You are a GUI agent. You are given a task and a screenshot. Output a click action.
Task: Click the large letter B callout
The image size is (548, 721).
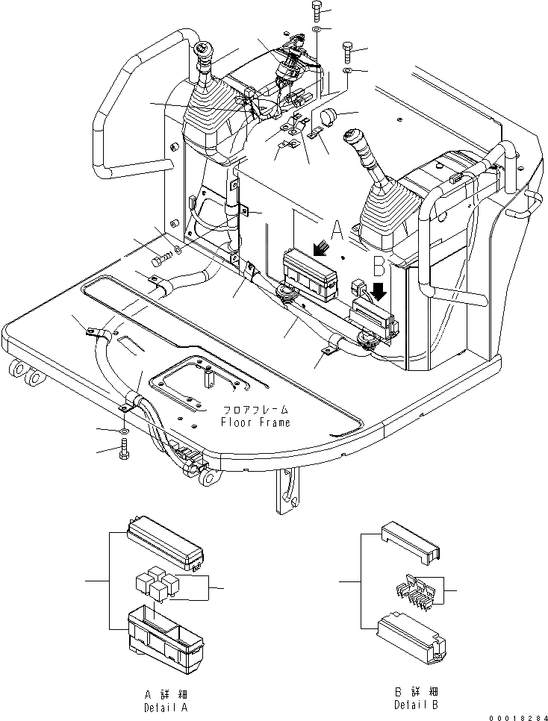pyautogui.click(x=379, y=266)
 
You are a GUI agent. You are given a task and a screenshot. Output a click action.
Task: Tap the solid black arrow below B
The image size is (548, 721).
pyautogui.click(x=380, y=290)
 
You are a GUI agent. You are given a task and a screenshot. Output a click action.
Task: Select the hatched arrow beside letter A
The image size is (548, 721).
pyautogui.click(x=321, y=246)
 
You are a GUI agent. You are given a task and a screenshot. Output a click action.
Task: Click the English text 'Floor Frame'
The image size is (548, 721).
pyautogui.click(x=255, y=422)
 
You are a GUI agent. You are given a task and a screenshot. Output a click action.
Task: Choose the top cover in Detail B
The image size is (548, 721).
pyautogui.click(x=408, y=540)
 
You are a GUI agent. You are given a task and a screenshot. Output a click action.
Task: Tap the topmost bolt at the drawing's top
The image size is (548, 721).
pyautogui.click(x=316, y=11)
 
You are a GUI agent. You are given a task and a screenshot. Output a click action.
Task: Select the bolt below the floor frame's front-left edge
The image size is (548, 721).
pyautogui.click(x=123, y=451)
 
